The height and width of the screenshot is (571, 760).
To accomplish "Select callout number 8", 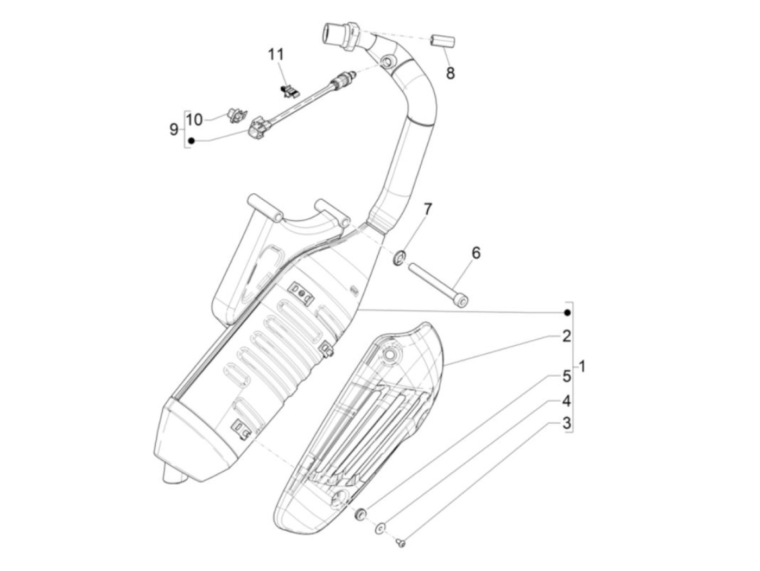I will (451, 73).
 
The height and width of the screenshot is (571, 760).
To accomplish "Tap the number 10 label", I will (194, 119).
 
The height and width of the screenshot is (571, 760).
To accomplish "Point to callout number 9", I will (174, 129).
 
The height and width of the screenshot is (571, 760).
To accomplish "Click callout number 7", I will (428, 209).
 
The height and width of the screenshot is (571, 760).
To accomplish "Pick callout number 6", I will (476, 252).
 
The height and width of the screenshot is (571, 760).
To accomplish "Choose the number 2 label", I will (566, 337).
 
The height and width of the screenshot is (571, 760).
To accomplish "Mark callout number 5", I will (566, 376).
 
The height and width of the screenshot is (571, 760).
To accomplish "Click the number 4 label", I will (566, 401).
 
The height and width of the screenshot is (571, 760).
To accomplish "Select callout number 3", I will (566, 423).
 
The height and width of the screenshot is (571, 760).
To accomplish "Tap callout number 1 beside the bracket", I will (582, 366).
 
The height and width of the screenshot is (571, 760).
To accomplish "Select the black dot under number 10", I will (191, 141).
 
